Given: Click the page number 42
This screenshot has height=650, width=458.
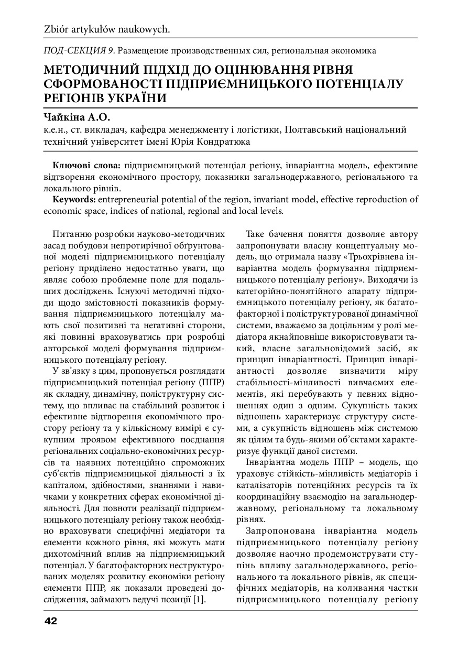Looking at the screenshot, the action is (50, 621).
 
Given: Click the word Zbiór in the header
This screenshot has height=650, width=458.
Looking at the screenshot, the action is (57, 30).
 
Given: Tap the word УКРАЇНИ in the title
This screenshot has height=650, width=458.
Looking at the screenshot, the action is (137, 98).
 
